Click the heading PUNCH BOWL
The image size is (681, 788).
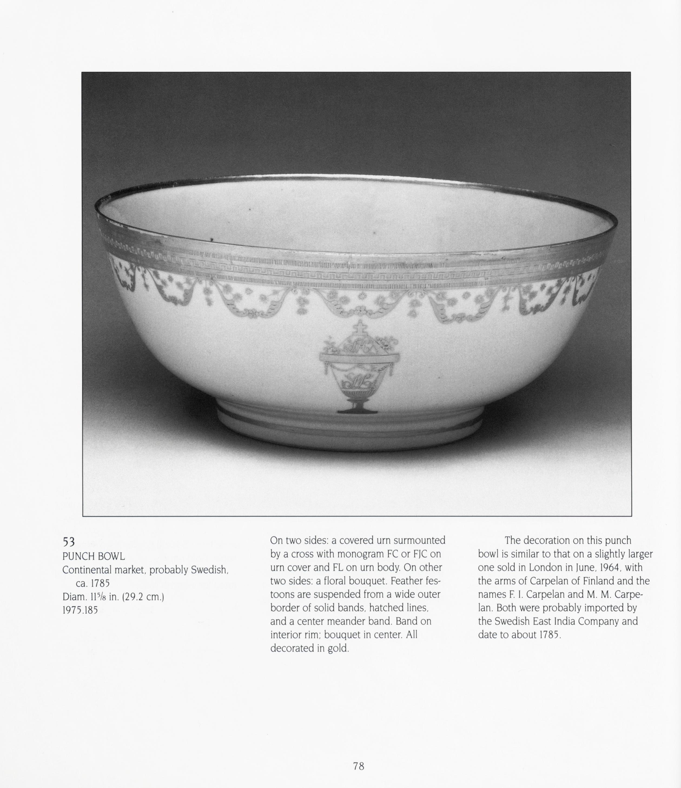click(x=94, y=556)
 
